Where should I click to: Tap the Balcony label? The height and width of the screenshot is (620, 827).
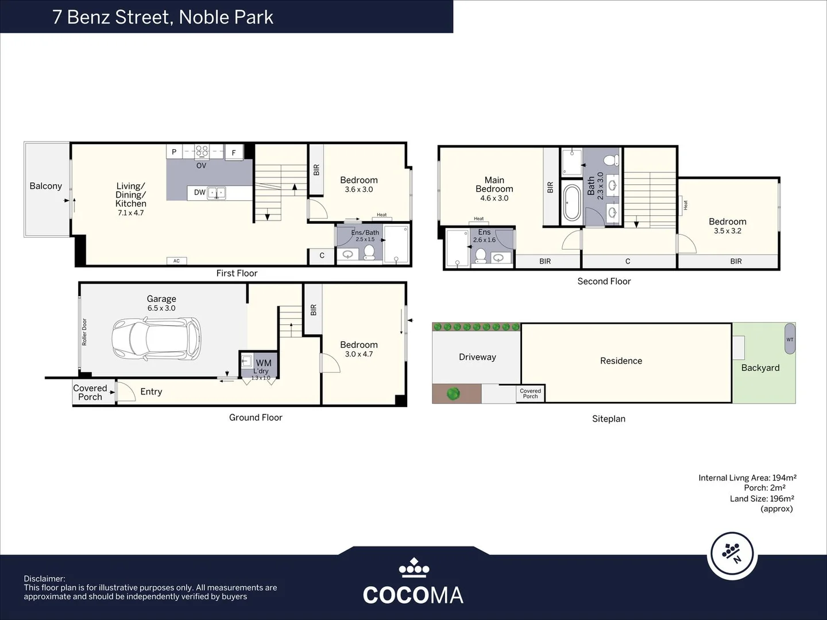[x=45, y=186]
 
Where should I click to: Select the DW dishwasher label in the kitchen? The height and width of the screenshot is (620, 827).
[x=199, y=192]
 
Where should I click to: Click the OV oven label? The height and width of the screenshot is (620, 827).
[x=201, y=165]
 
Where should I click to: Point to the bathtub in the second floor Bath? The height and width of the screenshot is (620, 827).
[x=572, y=203]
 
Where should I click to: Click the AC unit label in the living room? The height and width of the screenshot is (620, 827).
[x=176, y=261]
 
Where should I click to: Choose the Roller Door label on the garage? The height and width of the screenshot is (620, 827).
[x=84, y=332]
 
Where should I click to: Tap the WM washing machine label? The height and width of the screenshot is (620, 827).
[x=264, y=363]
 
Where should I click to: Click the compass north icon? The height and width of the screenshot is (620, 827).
[x=731, y=554]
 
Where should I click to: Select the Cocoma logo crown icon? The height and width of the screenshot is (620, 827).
[x=413, y=568]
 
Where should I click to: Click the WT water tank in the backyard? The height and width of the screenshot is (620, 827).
[x=790, y=339]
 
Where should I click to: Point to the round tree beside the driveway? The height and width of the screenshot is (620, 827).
[x=453, y=394]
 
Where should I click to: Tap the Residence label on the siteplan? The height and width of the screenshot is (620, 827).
[x=621, y=361]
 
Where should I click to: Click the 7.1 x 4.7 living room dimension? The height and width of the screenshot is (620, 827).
[x=131, y=213]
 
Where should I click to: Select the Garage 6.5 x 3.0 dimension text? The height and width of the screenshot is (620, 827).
[x=161, y=308]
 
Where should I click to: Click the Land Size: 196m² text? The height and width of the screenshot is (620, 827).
[x=762, y=498]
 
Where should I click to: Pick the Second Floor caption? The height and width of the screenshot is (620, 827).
[x=604, y=281]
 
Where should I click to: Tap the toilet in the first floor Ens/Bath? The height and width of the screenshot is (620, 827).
[x=369, y=253]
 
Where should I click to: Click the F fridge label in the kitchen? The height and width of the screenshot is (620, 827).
[x=234, y=153]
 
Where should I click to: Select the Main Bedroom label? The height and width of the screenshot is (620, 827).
[x=494, y=184]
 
